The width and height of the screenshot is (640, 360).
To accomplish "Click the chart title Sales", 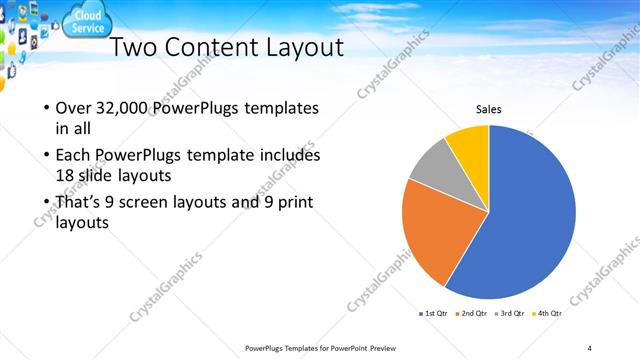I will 488,110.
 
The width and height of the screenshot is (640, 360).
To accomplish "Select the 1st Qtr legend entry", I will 432,314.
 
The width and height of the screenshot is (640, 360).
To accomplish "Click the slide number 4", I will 589,347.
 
